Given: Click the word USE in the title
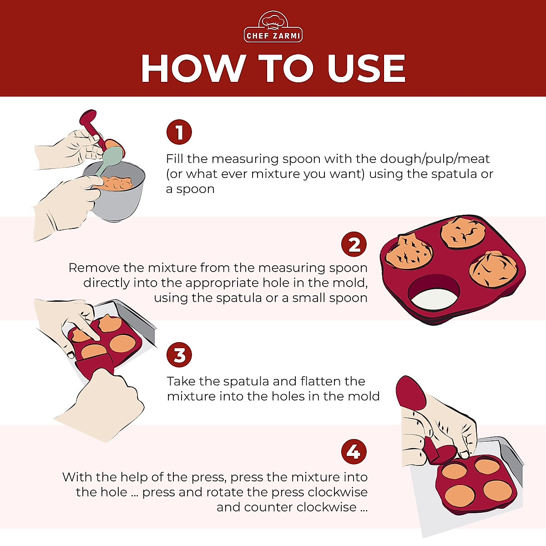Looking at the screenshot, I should tap(366, 69).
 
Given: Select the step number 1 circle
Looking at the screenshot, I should tap(179, 132).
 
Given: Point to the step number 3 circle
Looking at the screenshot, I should tap(179, 355).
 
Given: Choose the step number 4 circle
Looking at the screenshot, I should tap(354, 452).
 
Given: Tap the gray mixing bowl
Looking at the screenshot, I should tap(119, 200).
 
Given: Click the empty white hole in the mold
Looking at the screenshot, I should tap(433, 294).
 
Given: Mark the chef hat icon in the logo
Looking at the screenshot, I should tap(273, 20).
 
